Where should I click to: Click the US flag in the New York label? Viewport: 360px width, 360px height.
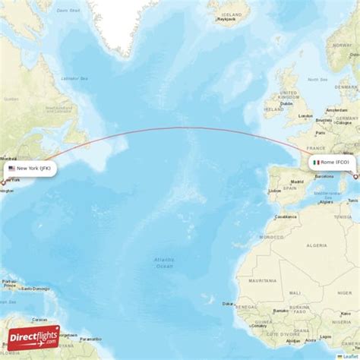click(x=11, y=169)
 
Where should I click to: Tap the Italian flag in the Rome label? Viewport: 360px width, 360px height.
click(x=315, y=163)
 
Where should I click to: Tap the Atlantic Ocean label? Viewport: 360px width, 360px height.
click(x=163, y=262)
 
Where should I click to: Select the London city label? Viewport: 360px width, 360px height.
click(x=306, y=116)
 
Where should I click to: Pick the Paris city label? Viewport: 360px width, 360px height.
click(x=314, y=132)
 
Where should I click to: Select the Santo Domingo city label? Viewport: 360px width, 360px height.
click(x=35, y=289)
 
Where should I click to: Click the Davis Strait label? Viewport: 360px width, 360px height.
click(x=71, y=10)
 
